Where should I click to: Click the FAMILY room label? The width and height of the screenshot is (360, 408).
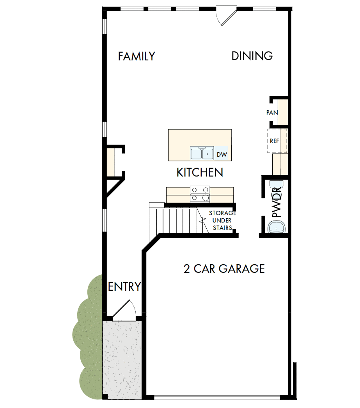(x=137, y=57)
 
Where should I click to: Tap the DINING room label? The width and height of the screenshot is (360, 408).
(x=252, y=56)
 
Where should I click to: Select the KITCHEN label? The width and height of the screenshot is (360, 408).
(x=200, y=172)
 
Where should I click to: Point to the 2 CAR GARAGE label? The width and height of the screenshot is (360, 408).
(x=224, y=268)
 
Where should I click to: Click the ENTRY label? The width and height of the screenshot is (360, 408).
(x=124, y=287)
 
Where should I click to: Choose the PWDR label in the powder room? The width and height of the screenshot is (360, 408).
(x=277, y=203)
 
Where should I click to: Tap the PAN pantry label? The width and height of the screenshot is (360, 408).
(x=272, y=113)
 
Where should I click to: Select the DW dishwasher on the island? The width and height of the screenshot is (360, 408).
(x=222, y=155)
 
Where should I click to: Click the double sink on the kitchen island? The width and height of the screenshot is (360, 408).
(x=202, y=154)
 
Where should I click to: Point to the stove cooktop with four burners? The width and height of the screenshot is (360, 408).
(x=200, y=194)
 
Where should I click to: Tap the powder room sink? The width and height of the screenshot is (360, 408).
(x=277, y=226)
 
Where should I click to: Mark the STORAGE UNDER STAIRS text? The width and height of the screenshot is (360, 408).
(x=222, y=221)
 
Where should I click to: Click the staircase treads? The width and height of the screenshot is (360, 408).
(x=176, y=221)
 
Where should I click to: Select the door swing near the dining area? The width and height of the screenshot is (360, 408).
(x=225, y=16)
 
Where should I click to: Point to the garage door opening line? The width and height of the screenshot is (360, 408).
(x=216, y=397)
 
